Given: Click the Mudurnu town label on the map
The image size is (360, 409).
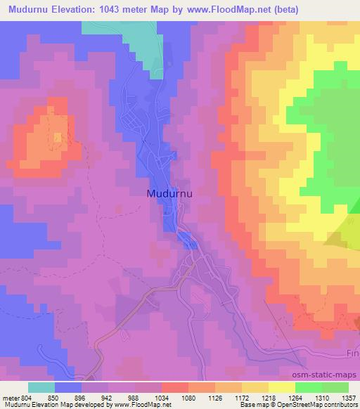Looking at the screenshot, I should (172, 193).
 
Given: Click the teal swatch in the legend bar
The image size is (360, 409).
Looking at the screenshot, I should (41, 387).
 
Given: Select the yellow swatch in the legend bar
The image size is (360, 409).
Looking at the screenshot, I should (281, 387).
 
